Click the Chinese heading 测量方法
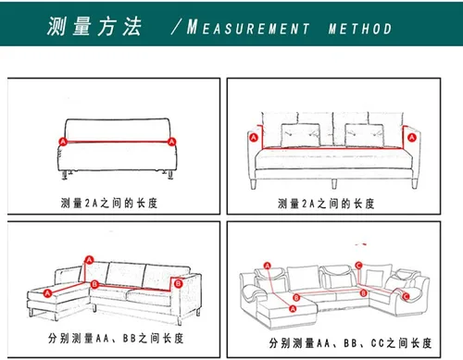94,28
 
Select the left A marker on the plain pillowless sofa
63,142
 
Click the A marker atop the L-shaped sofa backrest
90,259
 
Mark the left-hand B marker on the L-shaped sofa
95,284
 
